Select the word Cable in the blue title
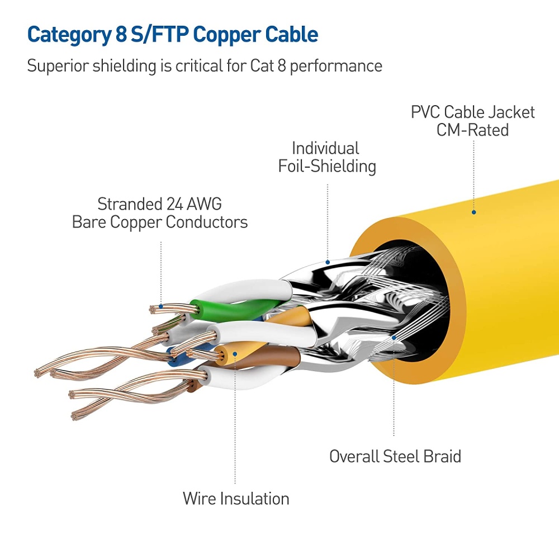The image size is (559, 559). click(290, 35)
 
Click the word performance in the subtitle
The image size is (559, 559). click(335, 66)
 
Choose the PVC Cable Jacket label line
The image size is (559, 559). click(473, 112)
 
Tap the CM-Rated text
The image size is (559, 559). click(473, 130)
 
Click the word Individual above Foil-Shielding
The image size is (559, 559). click(325, 148)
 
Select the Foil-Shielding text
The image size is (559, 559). click(327, 166)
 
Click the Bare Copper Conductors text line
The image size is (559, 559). click(160, 222)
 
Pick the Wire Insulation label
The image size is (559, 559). click(236, 498)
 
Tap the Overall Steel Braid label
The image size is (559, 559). click(395, 456)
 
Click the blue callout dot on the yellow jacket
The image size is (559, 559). click(473, 212)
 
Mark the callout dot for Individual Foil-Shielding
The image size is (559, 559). click(328, 260)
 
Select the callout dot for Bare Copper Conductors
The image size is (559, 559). click(161, 306)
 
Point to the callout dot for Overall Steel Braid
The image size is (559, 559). click(395, 337)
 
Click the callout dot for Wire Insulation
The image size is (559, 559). click(235, 354)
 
